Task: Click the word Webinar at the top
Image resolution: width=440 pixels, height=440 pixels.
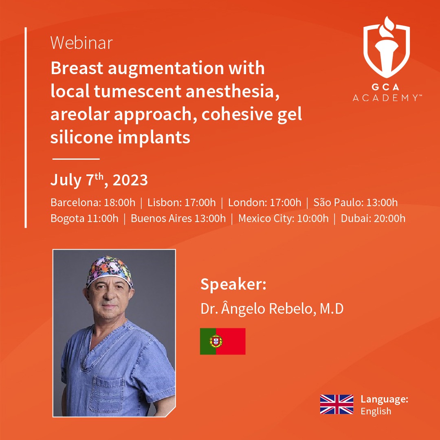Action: tap(81, 43)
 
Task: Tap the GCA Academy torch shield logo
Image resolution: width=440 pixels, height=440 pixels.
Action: tap(386, 48)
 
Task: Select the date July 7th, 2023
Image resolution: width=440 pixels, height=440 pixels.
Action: tap(99, 180)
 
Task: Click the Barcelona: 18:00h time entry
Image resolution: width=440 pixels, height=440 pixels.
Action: tap(93, 202)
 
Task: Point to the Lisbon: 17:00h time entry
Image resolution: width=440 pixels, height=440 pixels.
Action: tap(182, 202)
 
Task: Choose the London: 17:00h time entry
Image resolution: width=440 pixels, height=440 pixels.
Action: tap(265, 202)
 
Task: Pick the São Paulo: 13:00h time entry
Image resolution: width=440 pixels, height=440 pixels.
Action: tap(356, 202)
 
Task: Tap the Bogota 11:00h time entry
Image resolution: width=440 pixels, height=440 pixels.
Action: tap(84, 218)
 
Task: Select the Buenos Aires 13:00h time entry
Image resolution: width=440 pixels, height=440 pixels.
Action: tap(178, 218)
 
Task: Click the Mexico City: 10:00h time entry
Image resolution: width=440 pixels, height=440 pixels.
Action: tap(284, 218)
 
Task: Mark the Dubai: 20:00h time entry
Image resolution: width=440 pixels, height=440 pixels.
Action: tap(373, 218)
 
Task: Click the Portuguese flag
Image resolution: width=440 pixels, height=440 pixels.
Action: tap(223, 341)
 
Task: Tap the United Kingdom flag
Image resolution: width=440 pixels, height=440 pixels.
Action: tap(337, 405)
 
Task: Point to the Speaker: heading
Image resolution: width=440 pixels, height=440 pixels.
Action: tap(233, 284)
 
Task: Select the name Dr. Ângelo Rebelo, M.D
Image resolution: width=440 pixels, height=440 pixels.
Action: tap(272, 308)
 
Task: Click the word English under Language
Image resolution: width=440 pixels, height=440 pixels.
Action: tap(376, 411)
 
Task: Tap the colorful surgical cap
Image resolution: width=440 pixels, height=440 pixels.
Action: tap(109, 271)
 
